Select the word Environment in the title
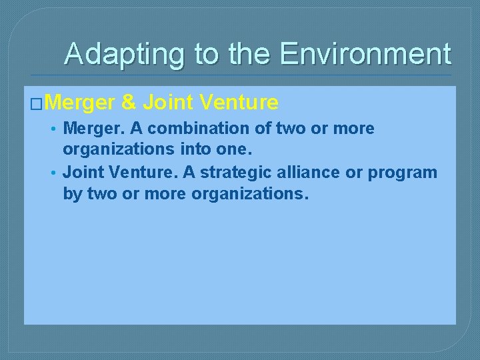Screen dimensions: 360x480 pyautogui.click(x=365, y=54)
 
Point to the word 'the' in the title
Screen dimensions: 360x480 pyautogui.click(x=251, y=54)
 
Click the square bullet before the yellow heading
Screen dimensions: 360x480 pyautogui.click(x=37, y=103)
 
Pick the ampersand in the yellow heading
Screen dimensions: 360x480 pyautogui.click(x=129, y=103)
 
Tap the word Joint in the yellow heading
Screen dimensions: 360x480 pyautogui.click(x=166, y=103)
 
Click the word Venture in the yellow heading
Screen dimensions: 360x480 pyautogui.click(x=238, y=103)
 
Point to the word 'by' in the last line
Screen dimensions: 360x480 pyautogui.click(x=71, y=195)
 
